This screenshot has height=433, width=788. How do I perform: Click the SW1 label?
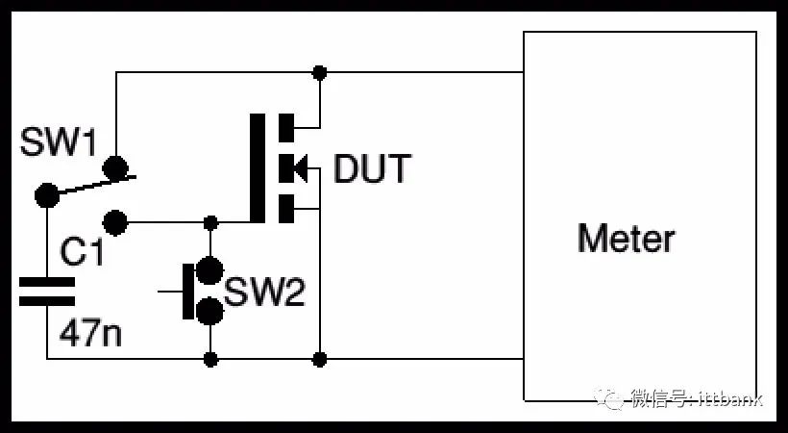(58, 142)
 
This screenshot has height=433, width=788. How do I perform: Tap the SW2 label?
(264, 292)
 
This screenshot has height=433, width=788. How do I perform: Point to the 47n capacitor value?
(90, 332)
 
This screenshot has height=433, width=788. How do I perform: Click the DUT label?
(372, 169)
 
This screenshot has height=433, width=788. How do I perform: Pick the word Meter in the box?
(627, 239)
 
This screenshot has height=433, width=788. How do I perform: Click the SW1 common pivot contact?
(47, 194)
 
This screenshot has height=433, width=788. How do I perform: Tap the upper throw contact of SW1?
(115, 168)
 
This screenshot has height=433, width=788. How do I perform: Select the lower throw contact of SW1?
(115, 222)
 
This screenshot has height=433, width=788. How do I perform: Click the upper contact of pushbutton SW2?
(209, 270)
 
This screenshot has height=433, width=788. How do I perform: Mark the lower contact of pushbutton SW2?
(209, 311)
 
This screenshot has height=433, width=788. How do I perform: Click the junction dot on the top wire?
(319, 73)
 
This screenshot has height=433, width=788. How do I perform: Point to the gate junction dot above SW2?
(210, 222)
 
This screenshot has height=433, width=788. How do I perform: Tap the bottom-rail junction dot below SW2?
(210, 360)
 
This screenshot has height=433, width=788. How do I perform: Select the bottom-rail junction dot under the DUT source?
(319, 360)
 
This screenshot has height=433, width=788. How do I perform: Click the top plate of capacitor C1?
(47, 282)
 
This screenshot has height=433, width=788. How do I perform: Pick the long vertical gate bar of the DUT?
(258, 168)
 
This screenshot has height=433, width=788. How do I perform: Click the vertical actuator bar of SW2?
(188, 291)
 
